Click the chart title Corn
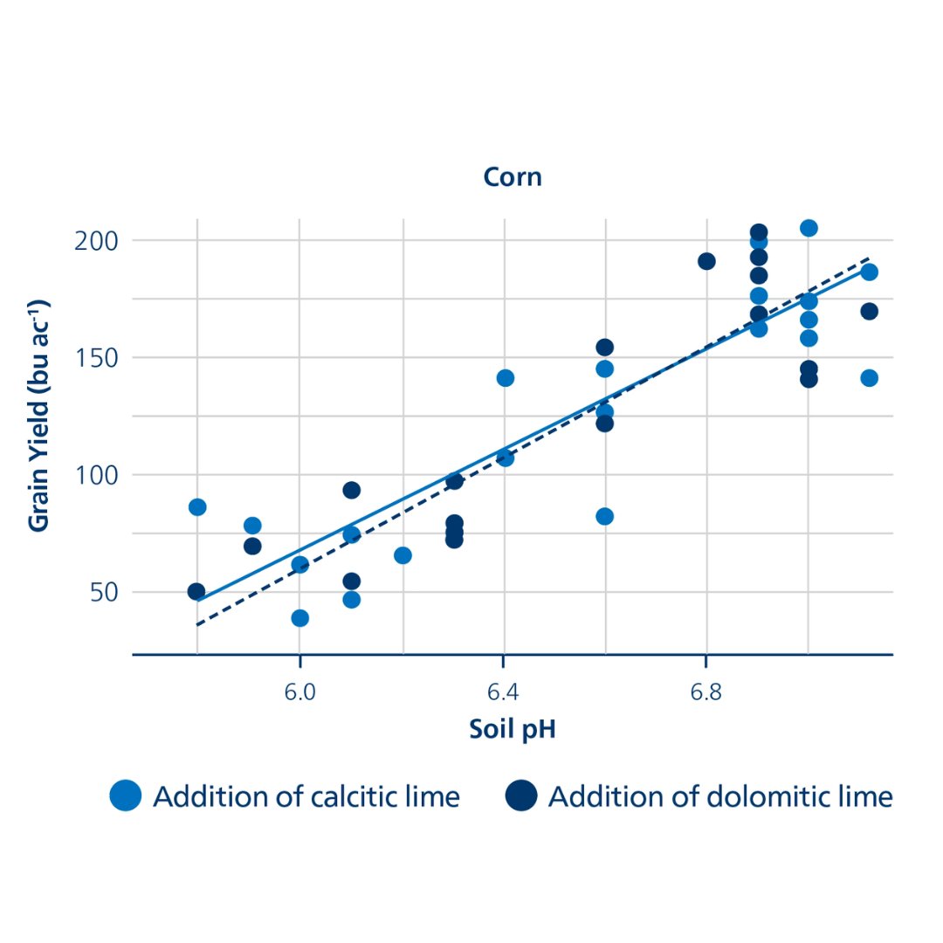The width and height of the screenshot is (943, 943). click(513, 177)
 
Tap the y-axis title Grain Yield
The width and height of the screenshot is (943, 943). click(38, 415)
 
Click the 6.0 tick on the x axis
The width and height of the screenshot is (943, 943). click(299, 692)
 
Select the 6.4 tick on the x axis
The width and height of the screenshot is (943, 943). click(504, 692)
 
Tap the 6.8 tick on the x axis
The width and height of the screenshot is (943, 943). click(706, 692)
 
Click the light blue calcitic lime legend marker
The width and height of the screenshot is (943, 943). click(126, 796)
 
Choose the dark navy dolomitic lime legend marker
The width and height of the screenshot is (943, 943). click(521, 796)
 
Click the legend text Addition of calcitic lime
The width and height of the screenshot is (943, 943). click(306, 797)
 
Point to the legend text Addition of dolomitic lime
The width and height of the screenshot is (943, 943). click(720, 797)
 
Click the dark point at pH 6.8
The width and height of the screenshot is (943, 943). click(706, 261)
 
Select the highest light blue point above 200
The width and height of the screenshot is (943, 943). click(809, 228)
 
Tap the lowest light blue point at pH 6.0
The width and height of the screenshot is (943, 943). click(299, 618)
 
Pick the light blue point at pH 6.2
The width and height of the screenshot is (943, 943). click(403, 555)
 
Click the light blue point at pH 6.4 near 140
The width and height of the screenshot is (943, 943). click(505, 378)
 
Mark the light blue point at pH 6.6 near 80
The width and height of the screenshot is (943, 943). click(604, 516)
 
